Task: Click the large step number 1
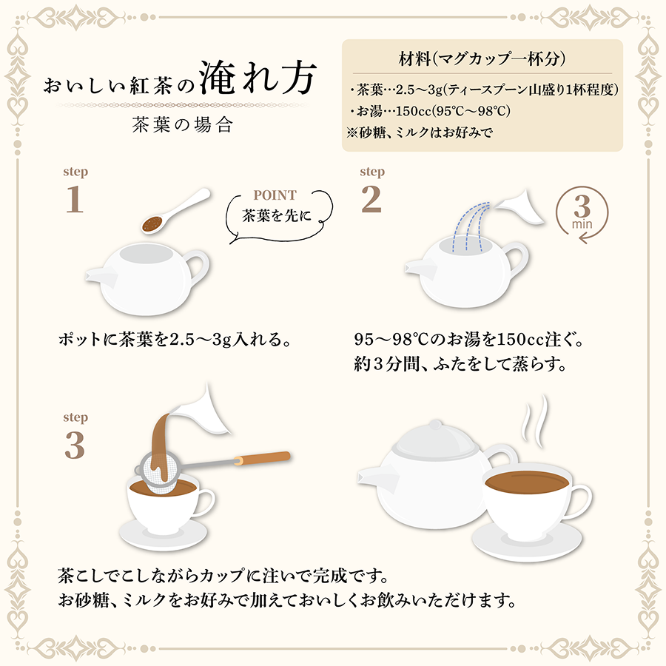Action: tap(74, 199)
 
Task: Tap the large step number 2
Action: tap(371, 199)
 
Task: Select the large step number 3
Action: tap(74, 445)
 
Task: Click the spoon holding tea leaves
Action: tap(175, 211)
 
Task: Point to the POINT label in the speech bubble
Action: tap(275, 195)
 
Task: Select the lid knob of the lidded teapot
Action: tap(436, 425)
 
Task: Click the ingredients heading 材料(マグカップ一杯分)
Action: tap(482, 58)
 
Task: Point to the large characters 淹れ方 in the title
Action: tap(258, 78)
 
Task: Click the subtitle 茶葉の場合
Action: tap(183, 125)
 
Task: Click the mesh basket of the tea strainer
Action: tap(159, 473)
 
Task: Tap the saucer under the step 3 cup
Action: tap(164, 534)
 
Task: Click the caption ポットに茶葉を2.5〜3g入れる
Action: tap(175, 340)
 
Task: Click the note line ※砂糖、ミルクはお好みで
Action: tap(420, 133)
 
